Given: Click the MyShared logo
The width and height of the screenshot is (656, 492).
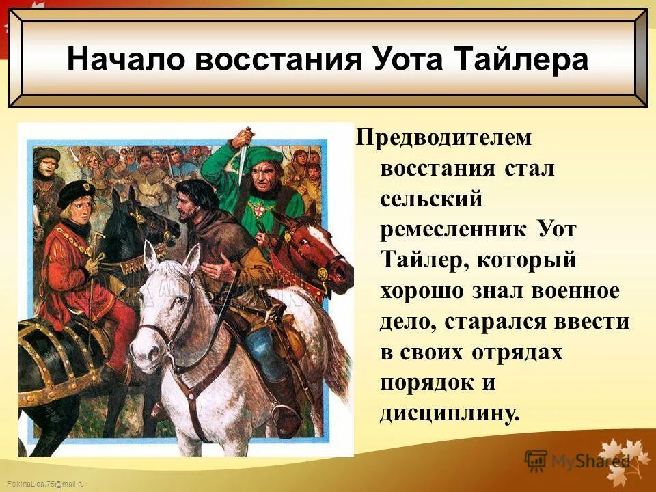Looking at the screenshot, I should click(x=578, y=460).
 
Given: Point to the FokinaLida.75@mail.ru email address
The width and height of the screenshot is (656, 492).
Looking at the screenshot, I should click(x=42, y=484).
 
